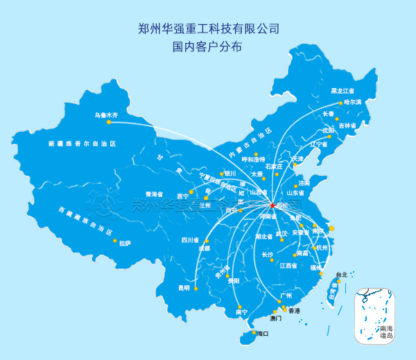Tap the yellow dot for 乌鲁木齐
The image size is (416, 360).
coord(109,122)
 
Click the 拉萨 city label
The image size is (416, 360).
coord(125,243)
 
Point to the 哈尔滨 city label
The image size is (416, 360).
coord(353,102)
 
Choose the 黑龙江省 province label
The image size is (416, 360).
coord(342,91)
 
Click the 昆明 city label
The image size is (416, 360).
coord(184,287)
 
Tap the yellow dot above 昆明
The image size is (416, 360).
coord(196,289)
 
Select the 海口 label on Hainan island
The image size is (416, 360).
coord(262,334)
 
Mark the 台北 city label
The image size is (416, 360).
coord(341,274)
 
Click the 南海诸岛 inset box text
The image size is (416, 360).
coord(386,332)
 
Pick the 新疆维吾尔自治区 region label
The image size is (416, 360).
coord(82,144)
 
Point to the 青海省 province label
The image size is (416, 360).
coord(153,194)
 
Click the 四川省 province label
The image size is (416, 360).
coord(190,240)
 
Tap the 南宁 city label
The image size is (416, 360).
coord(241,312)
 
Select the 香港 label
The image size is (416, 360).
coord(294,311)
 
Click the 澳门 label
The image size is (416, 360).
coord(276,318)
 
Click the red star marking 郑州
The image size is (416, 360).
coord(272,206)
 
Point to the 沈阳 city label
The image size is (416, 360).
coord(328,130)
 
